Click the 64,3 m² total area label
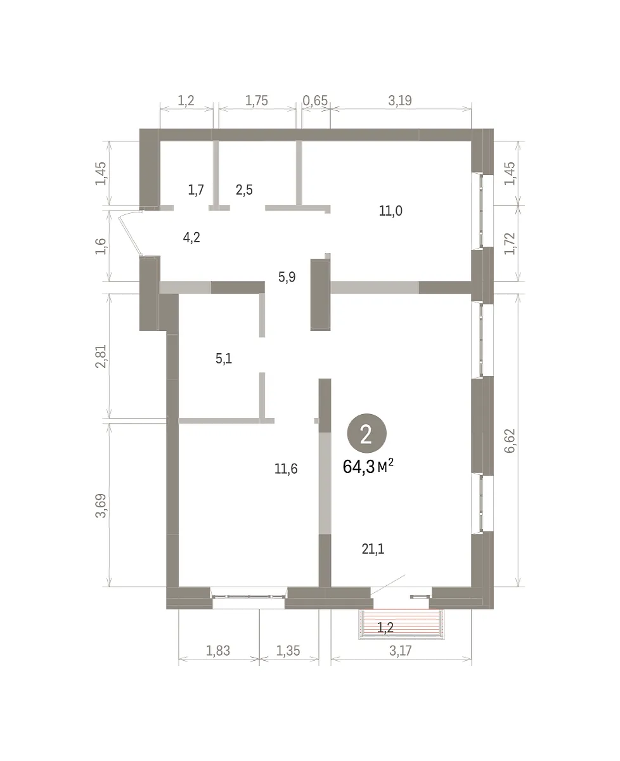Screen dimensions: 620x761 pos(368,466)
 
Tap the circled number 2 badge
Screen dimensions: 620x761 pos(366,434)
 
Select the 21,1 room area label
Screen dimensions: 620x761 pos(373,549)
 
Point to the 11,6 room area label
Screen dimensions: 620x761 pos(286,469)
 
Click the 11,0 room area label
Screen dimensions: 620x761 pos(391,211)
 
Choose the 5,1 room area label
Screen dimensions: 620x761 pos(224,358)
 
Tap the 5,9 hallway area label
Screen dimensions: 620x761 pos(287,277)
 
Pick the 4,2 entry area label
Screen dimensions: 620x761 pos(191,237)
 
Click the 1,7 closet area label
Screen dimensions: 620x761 pos(196,190)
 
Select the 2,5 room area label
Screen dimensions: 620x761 pos(244,190)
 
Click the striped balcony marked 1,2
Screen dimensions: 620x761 pos(401,627)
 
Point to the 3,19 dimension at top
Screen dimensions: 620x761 pos(400,101)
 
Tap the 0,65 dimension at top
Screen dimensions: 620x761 pos(315,101)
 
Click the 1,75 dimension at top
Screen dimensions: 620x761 pos(256,101)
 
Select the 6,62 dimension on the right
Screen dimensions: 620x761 pos(510,441)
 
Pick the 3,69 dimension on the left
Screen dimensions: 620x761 pos(101,505)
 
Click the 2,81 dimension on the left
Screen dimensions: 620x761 pos(101,356)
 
